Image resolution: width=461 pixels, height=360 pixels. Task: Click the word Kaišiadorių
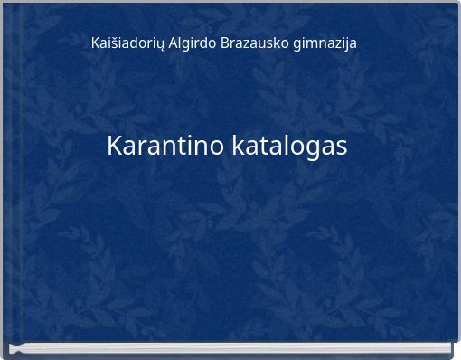point(128,43)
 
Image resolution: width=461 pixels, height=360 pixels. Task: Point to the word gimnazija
point(325,43)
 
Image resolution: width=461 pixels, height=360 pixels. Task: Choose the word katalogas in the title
point(289,146)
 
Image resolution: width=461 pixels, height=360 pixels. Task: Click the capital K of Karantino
point(115,145)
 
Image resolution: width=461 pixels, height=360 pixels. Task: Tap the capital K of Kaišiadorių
point(96,43)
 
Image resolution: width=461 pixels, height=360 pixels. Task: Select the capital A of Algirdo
point(174,43)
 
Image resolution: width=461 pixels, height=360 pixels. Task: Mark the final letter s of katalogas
point(341,147)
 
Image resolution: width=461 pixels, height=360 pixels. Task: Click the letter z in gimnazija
point(333,43)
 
